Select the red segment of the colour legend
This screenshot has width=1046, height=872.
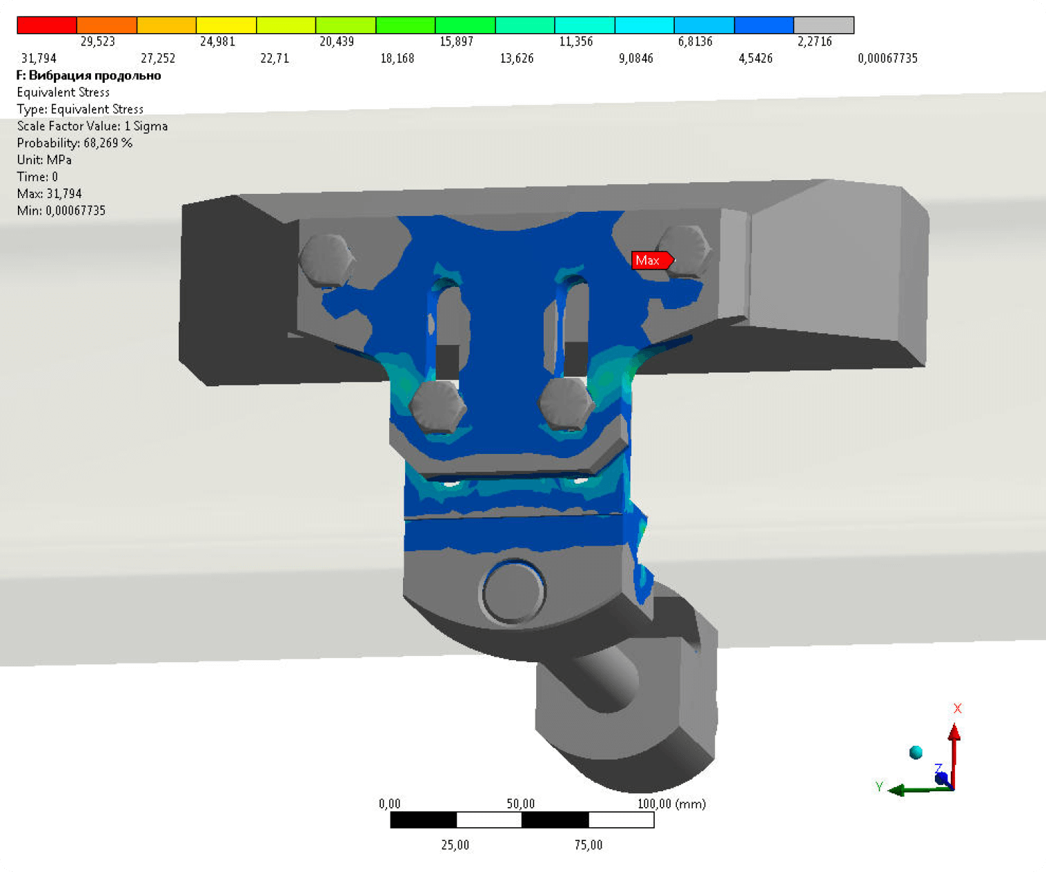pyautogui.click(x=47, y=25)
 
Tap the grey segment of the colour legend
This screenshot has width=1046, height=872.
pyautogui.click(x=824, y=25)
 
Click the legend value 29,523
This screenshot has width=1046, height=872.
pyautogui.click(x=98, y=41)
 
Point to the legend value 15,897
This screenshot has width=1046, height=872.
pyautogui.click(x=456, y=41)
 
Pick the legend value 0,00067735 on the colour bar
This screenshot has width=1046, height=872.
pyautogui.click(x=887, y=59)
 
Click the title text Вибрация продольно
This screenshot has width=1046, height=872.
pyautogui.click(x=95, y=76)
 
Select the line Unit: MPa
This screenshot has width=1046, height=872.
pyautogui.click(x=44, y=160)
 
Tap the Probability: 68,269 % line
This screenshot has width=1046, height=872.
pyautogui.click(x=75, y=143)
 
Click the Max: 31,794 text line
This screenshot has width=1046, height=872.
pyautogui.click(x=49, y=194)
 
